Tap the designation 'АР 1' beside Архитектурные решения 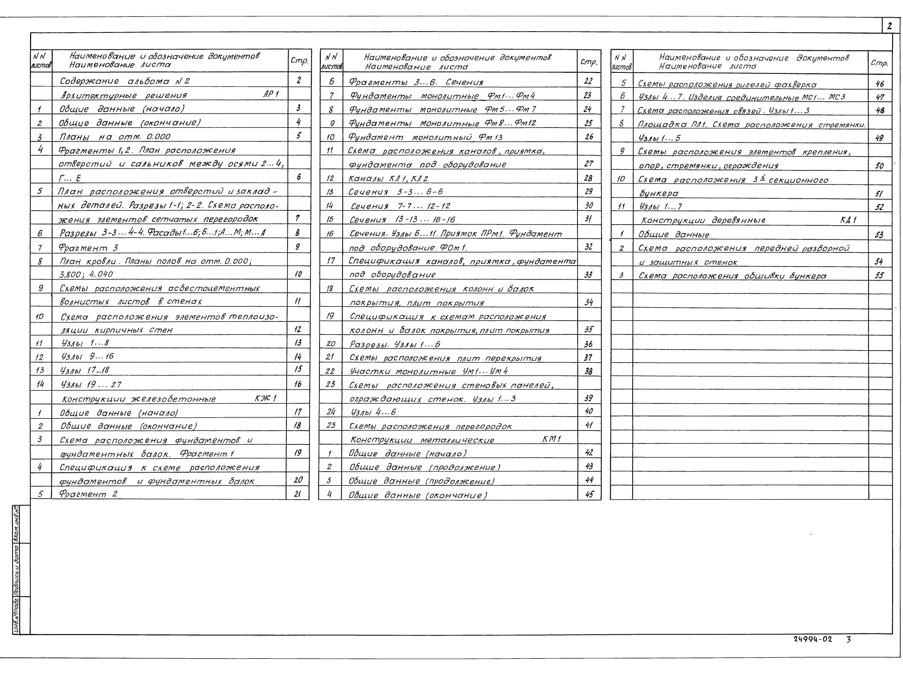(x=271, y=94)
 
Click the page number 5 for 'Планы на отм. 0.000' (x=298, y=135)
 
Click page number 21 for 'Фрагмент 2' (x=298, y=493)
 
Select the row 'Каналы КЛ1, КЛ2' (x=388, y=178)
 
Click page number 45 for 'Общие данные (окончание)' (x=589, y=494)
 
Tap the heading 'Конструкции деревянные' (x=703, y=220)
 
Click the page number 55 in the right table (x=879, y=275)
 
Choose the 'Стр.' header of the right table (x=879, y=63)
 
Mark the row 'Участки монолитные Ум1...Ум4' (x=429, y=371)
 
